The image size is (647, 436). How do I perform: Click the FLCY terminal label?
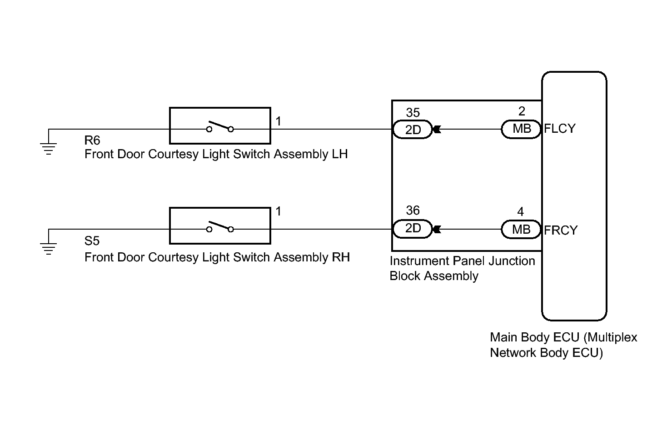pyautogui.click(x=560, y=129)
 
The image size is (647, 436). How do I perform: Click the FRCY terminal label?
pyautogui.click(x=561, y=231)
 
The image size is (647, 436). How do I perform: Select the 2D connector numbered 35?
pyautogui.click(x=413, y=130)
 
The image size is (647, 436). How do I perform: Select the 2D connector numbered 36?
pyautogui.click(x=413, y=229)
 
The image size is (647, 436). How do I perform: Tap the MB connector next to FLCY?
pyautogui.click(x=521, y=129)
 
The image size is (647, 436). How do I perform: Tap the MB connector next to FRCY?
pyautogui.click(x=521, y=230)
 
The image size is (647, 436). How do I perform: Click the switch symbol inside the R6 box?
pyautogui.click(x=220, y=126)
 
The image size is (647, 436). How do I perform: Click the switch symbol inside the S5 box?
pyautogui.click(x=220, y=227)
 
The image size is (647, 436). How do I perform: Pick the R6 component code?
pyautogui.click(x=92, y=140)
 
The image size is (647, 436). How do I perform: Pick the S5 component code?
pyautogui.click(x=92, y=241)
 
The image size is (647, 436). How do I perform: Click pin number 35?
pyautogui.click(x=413, y=113)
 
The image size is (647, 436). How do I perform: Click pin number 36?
pyautogui.click(x=413, y=210)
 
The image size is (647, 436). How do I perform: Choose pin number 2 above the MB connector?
pyautogui.click(x=522, y=111)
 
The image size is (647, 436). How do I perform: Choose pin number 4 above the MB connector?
pyautogui.click(x=521, y=212)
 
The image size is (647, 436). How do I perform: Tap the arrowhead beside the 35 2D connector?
pyautogui.click(x=437, y=130)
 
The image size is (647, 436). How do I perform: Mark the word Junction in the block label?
pyautogui.click(x=512, y=261)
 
